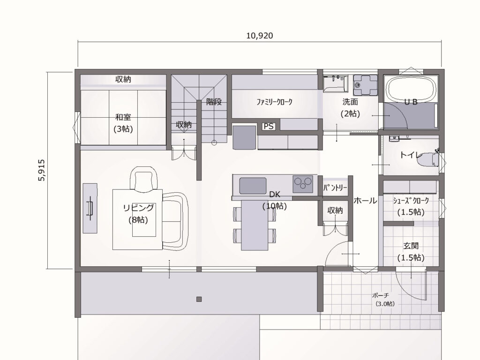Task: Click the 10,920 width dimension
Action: [x=260, y=36]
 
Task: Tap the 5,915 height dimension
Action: [x=42, y=170]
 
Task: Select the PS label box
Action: [x=269, y=126]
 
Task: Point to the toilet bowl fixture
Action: [x=431, y=159]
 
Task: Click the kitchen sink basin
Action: [x=253, y=186]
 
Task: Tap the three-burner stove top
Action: [x=303, y=184]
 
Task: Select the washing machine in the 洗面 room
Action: [x=365, y=85]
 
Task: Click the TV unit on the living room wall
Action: [x=90, y=208]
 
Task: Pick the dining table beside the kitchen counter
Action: [x=255, y=225]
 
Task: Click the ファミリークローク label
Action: [x=274, y=102]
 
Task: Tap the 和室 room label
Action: [x=123, y=117]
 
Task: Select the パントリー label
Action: [x=335, y=187]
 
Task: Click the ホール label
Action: [x=365, y=201]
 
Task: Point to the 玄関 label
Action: [x=411, y=246]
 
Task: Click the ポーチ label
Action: [x=381, y=295]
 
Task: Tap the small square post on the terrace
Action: [x=199, y=299]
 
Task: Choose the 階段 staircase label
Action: [x=214, y=102]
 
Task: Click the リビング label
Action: [x=138, y=208]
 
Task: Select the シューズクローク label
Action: [x=411, y=201]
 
